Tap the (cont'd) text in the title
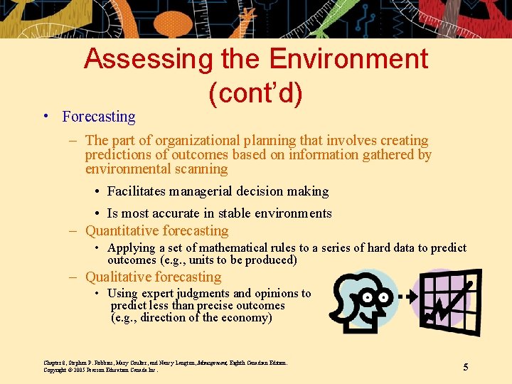point(255,92)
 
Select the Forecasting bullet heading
point(98,117)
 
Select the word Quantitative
point(122,231)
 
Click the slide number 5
point(466,367)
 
